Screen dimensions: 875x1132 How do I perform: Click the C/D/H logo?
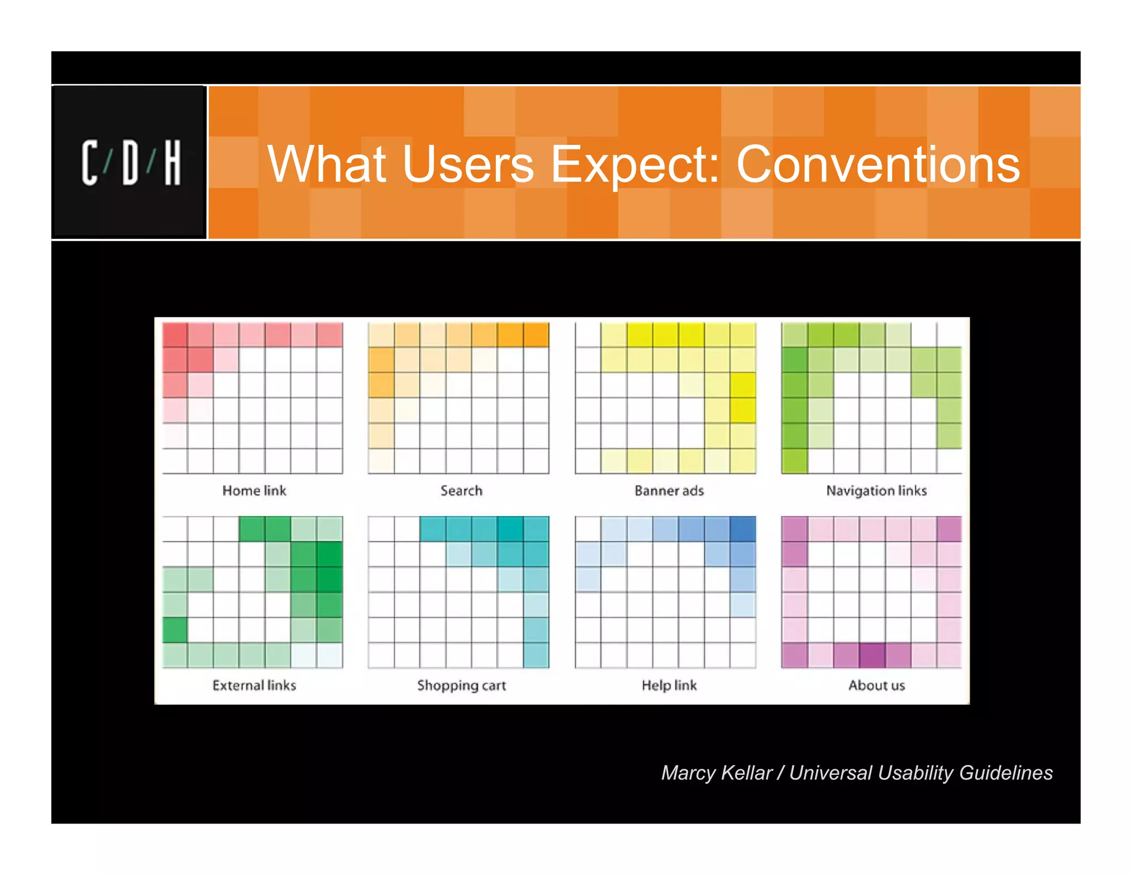[130, 163]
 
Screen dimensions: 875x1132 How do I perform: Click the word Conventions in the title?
[878, 164]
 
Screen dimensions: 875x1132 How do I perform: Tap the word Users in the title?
[468, 164]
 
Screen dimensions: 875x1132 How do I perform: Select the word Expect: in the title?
[635, 164]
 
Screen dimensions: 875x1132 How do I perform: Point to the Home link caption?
[254, 491]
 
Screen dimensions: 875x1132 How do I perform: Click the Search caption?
[461, 491]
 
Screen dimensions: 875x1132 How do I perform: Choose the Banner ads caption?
[669, 491]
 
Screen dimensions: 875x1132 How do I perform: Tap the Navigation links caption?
[876, 491]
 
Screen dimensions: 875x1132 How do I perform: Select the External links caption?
[254, 685]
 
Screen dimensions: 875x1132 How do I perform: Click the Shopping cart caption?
[462, 685]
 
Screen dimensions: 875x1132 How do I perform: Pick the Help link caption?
[669, 685]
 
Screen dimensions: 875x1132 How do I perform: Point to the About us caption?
[877, 685]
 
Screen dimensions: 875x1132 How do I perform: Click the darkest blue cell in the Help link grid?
[742, 529]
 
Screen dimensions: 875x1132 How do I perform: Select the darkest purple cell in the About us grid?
[872, 655]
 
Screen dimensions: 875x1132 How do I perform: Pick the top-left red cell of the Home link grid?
[175, 335]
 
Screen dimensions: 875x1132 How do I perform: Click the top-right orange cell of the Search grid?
[536, 335]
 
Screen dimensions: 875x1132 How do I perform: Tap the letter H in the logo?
[172, 163]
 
